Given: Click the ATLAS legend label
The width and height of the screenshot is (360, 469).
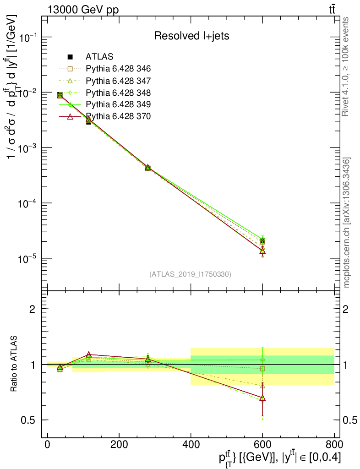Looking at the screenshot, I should pos(99,57).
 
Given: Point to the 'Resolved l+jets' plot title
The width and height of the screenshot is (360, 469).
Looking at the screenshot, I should pos(191,36).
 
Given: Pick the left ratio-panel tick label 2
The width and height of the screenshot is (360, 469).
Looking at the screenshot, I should pos(33,309).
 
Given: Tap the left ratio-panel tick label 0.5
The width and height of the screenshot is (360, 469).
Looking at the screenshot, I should pos(28,420).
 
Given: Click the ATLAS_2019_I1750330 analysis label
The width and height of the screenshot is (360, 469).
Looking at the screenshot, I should pos(190,274).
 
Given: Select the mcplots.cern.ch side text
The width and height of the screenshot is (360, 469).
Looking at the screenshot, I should pos(347,223).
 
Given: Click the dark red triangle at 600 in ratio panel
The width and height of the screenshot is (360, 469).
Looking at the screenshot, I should pos(262,398).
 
